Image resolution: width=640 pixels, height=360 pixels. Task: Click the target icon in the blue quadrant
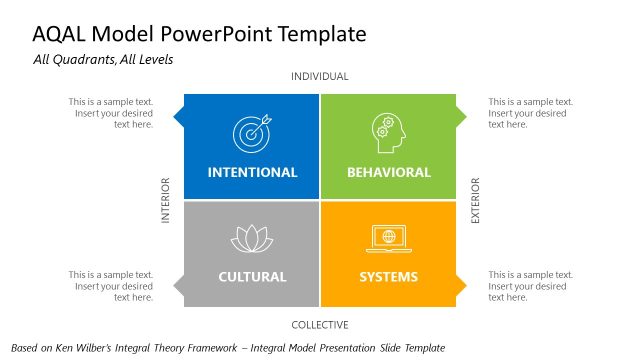(x=251, y=134)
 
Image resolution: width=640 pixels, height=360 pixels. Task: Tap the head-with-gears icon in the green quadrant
(x=388, y=133)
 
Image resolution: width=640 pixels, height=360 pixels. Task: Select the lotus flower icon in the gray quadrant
(x=252, y=238)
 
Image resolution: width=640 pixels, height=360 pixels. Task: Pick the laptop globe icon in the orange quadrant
(x=388, y=239)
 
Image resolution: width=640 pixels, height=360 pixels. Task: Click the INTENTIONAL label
(x=252, y=172)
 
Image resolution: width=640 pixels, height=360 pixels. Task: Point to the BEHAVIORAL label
(x=388, y=172)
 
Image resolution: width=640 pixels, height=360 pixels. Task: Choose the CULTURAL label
(x=252, y=277)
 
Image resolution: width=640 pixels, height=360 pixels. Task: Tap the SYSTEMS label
(x=389, y=277)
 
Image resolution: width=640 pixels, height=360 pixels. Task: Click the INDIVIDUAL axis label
(x=320, y=77)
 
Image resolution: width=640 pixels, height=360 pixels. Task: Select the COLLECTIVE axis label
(x=320, y=325)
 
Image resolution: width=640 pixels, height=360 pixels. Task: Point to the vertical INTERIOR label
(x=166, y=201)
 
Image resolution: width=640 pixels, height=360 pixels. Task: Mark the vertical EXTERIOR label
(x=475, y=201)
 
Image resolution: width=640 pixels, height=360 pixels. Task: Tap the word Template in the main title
(x=317, y=35)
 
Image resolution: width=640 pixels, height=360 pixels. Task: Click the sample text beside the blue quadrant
(x=111, y=113)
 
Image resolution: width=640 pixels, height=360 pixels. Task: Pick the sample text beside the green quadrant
(x=530, y=113)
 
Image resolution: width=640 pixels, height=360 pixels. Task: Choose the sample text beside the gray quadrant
(x=111, y=286)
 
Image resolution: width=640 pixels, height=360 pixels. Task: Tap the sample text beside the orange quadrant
(x=530, y=286)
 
